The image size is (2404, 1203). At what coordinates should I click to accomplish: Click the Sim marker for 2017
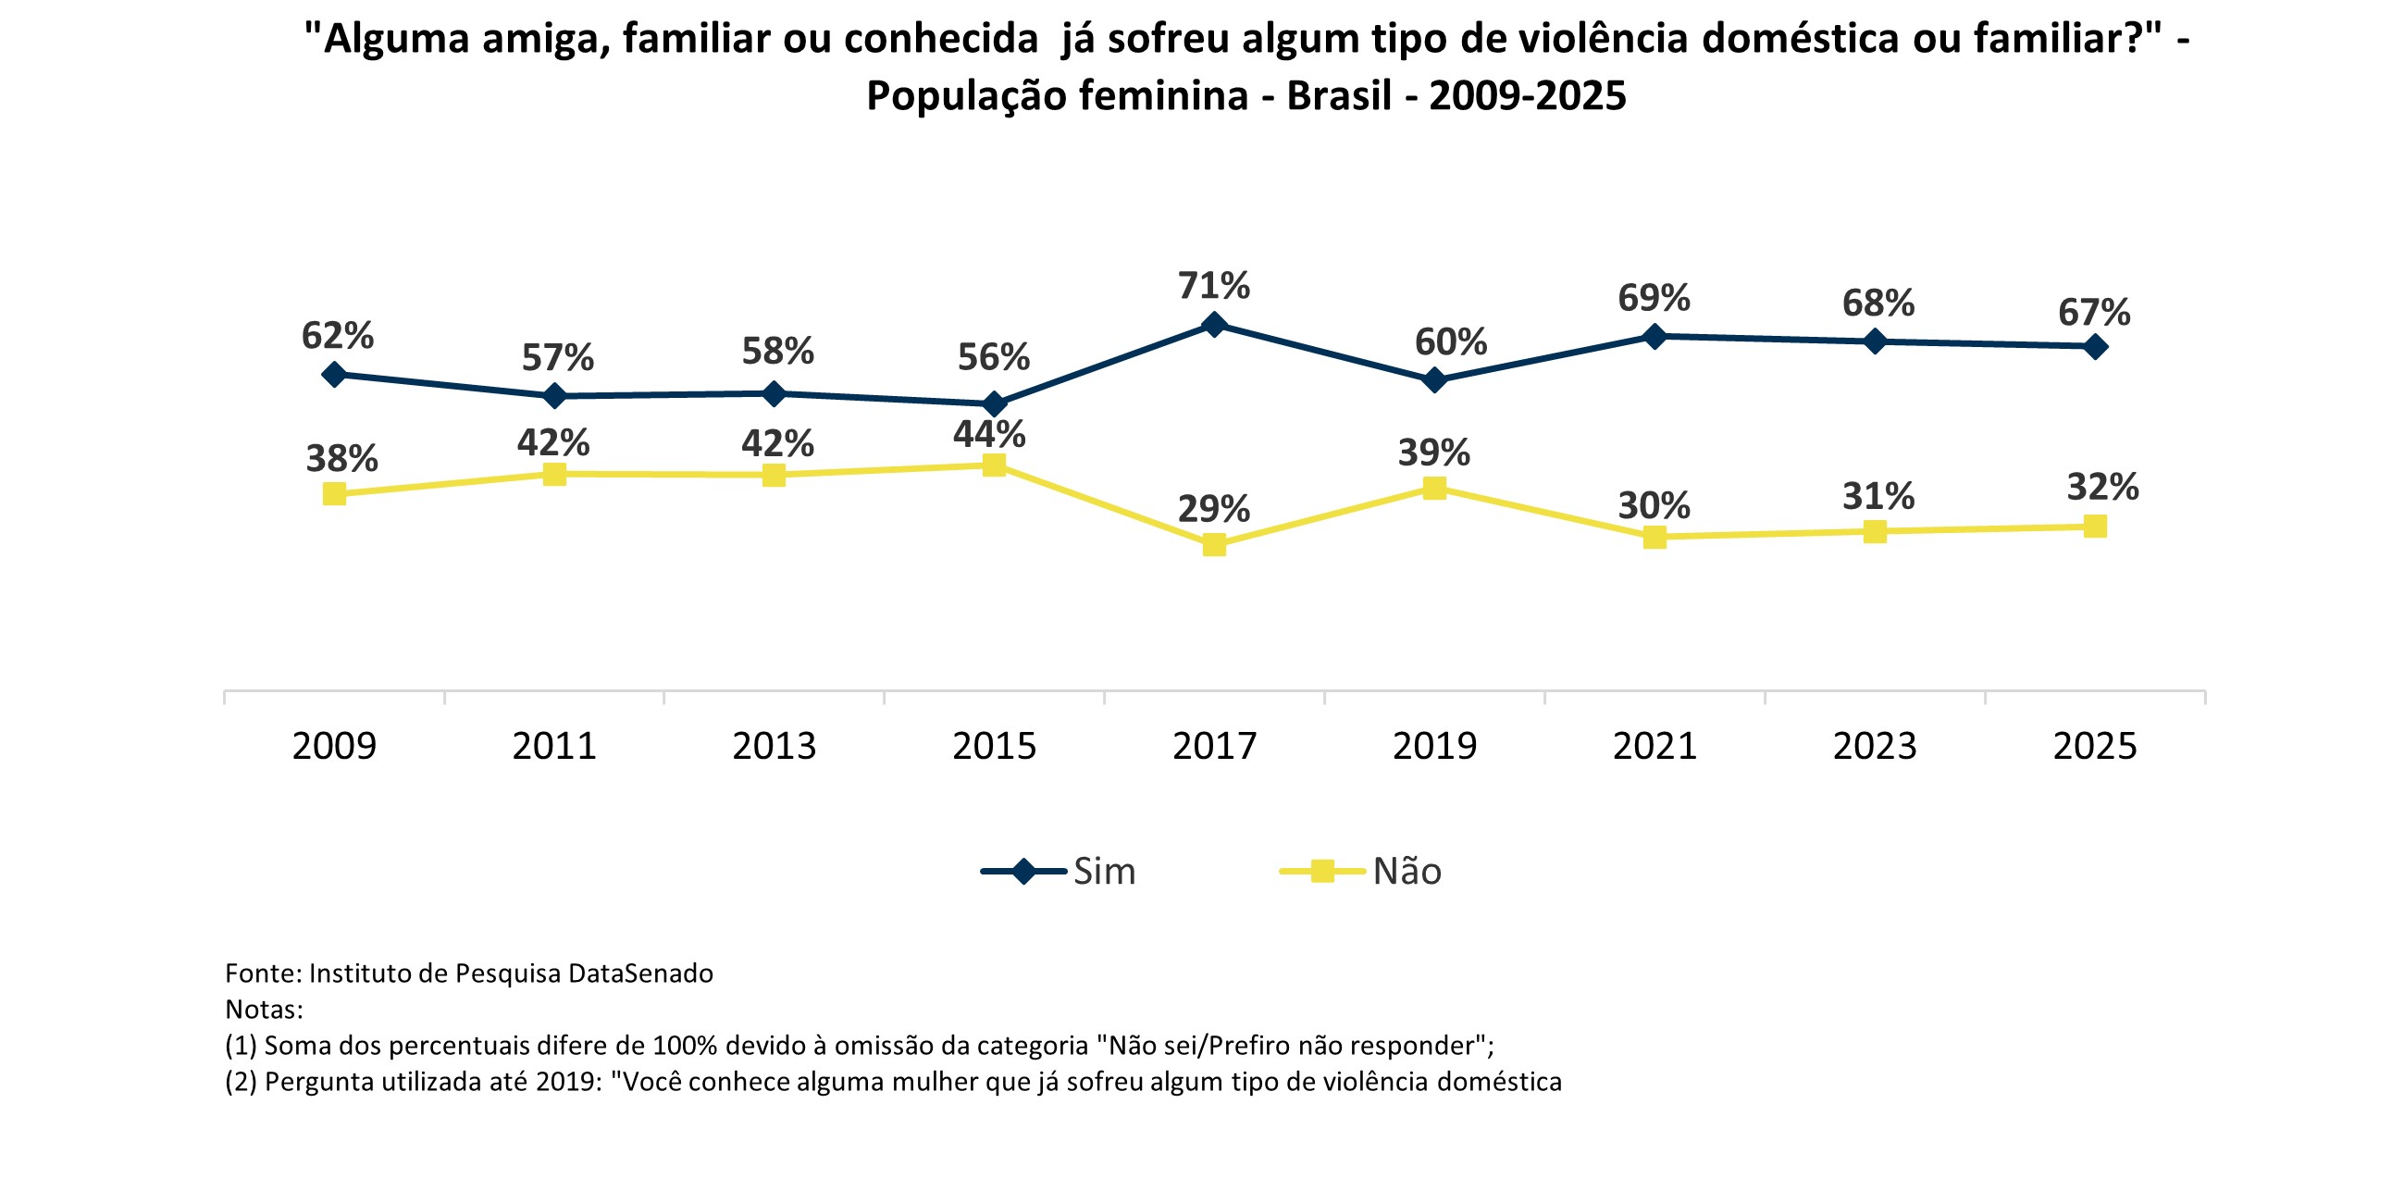[1214, 325]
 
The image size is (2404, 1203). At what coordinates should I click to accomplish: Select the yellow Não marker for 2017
[1214, 545]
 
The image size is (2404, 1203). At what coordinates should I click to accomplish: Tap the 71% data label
[1213, 286]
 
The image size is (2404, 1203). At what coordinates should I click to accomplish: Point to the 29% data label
[1213, 510]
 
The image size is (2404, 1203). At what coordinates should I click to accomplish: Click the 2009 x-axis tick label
[334, 747]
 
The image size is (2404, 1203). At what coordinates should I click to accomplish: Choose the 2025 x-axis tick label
[2095, 747]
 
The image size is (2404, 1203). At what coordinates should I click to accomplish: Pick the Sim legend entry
[1059, 872]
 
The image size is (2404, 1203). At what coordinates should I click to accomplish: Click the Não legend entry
[1360, 872]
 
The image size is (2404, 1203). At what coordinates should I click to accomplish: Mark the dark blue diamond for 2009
[334, 375]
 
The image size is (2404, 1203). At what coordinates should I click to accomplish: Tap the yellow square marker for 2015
[995, 465]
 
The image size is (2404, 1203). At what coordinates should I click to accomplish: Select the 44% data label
[989, 435]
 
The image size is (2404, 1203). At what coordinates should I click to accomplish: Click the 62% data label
[337, 336]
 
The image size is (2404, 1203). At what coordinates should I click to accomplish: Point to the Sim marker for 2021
[1654, 336]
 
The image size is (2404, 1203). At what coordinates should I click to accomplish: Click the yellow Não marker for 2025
[2095, 527]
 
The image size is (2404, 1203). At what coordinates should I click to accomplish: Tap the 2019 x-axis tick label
[1434, 747]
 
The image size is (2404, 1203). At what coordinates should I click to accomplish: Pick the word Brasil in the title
[1339, 96]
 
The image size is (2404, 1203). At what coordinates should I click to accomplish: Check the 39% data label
[1433, 453]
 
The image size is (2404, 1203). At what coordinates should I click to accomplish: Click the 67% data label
[2094, 313]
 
